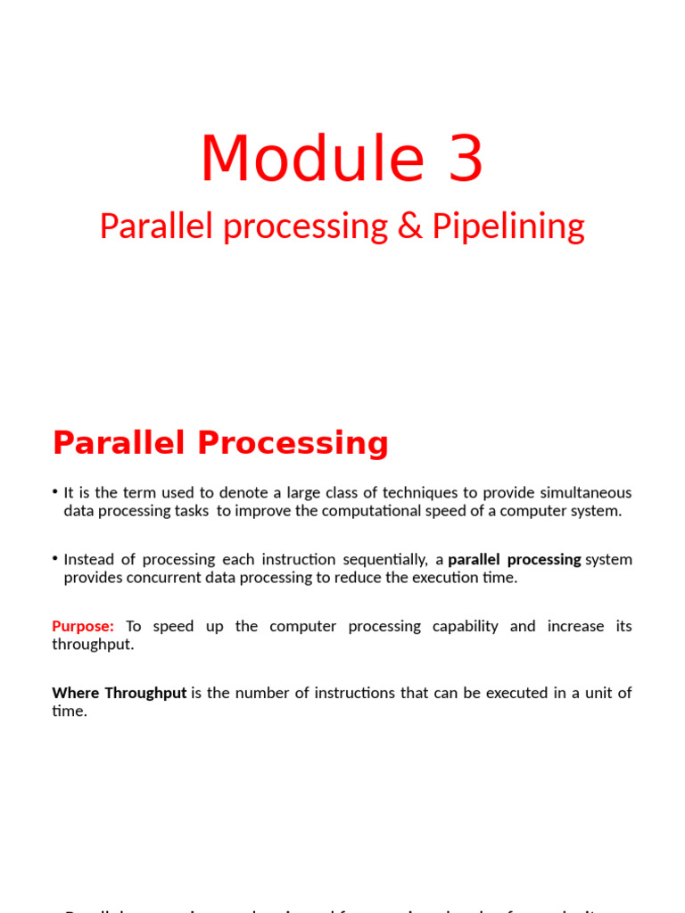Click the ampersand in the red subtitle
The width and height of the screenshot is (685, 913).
click(409, 226)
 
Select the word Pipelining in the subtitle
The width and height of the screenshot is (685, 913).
click(508, 226)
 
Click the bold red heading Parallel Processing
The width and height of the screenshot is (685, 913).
click(220, 443)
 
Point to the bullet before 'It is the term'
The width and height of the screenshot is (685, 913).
click(55, 492)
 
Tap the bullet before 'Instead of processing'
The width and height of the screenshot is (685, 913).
click(55, 559)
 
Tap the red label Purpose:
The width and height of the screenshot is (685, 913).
click(83, 626)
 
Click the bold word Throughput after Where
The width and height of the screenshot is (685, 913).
click(145, 693)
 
